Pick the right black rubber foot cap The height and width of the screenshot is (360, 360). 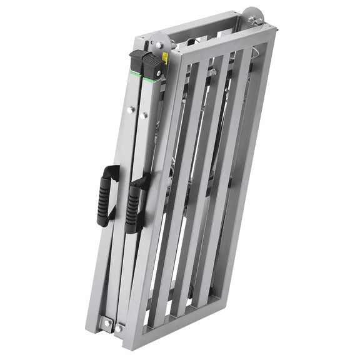(152, 65)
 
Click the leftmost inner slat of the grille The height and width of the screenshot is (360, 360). (176, 187)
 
